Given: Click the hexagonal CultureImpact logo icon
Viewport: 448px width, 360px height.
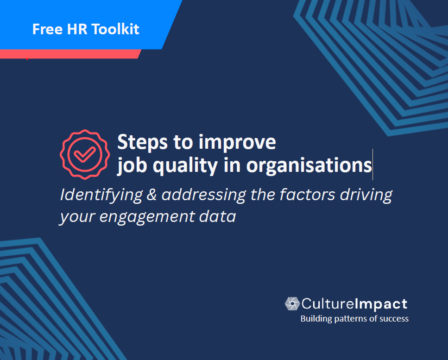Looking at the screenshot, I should point(292,303).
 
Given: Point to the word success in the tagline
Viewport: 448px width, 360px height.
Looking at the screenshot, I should point(393,319).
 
